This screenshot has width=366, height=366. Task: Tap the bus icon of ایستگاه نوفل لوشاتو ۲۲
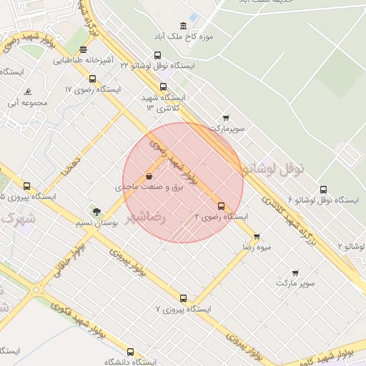point(158,54)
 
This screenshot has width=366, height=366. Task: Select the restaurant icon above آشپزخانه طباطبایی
point(84,50)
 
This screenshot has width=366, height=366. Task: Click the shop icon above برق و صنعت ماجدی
point(149,176)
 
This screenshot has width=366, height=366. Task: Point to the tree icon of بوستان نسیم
point(97,212)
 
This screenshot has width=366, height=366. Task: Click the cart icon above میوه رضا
point(257,236)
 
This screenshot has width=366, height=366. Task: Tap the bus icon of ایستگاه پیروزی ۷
point(184,299)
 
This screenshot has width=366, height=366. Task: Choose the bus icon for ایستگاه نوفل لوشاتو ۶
point(323,189)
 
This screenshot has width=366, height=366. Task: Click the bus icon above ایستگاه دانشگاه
point(130,352)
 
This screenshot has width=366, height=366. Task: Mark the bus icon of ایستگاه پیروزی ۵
point(27,185)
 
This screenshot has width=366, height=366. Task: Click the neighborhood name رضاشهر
point(147,216)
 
